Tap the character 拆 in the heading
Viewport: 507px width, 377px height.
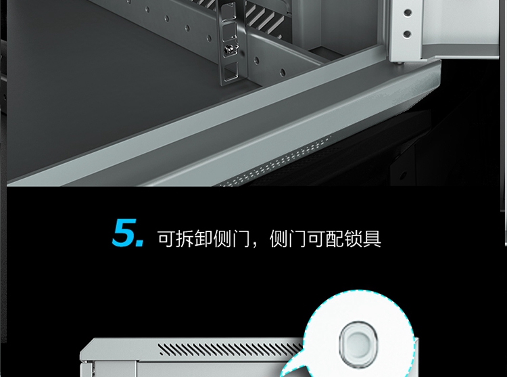click(185, 238)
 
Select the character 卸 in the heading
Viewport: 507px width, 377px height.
click(203, 238)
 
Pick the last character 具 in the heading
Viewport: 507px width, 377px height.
click(372, 238)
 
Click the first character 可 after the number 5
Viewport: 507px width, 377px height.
click(166, 238)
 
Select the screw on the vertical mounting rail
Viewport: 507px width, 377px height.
click(228, 49)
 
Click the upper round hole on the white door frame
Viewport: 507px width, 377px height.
click(408, 13)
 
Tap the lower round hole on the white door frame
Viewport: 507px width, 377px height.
click(408, 34)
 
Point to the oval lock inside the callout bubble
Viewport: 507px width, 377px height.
click(358, 342)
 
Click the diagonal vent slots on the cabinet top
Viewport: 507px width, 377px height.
click(231, 349)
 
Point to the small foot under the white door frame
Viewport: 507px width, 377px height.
click(400, 62)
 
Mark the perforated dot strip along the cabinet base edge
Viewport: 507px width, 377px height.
click(275, 162)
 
